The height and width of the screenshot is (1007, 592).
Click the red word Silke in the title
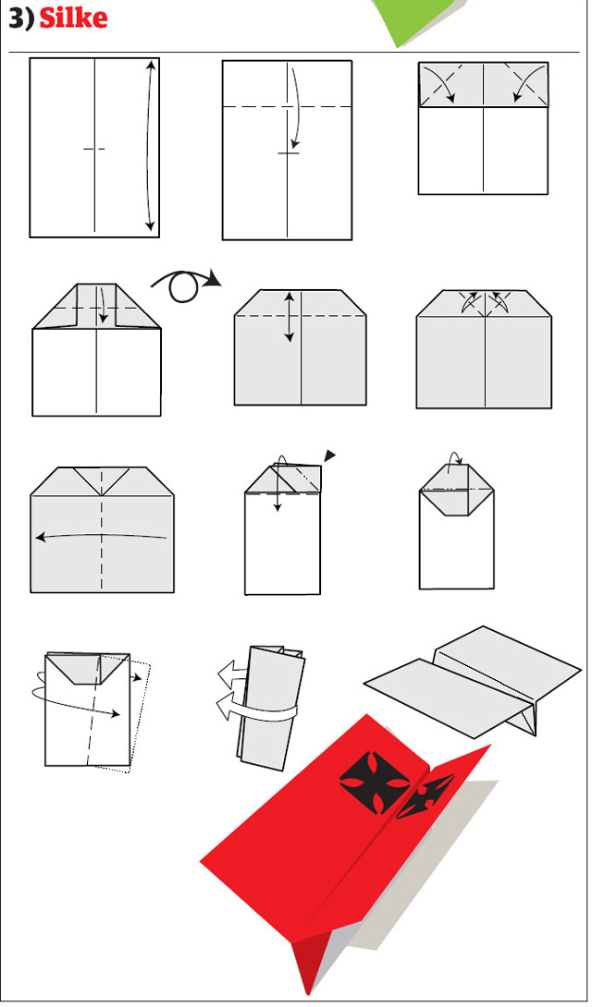(x=73, y=17)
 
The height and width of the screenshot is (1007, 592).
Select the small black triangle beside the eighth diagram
(x=329, y=455)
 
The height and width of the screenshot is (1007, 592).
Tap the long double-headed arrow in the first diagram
(x=150, y=145)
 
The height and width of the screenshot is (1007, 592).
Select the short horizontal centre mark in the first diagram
(x=93, y=149)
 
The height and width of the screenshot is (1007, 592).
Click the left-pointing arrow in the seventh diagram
(x=101, y=536)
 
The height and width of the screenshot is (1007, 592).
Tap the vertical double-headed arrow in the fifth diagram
(x=290, y=317)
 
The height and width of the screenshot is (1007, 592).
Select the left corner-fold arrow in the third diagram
(x=443, y=84)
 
